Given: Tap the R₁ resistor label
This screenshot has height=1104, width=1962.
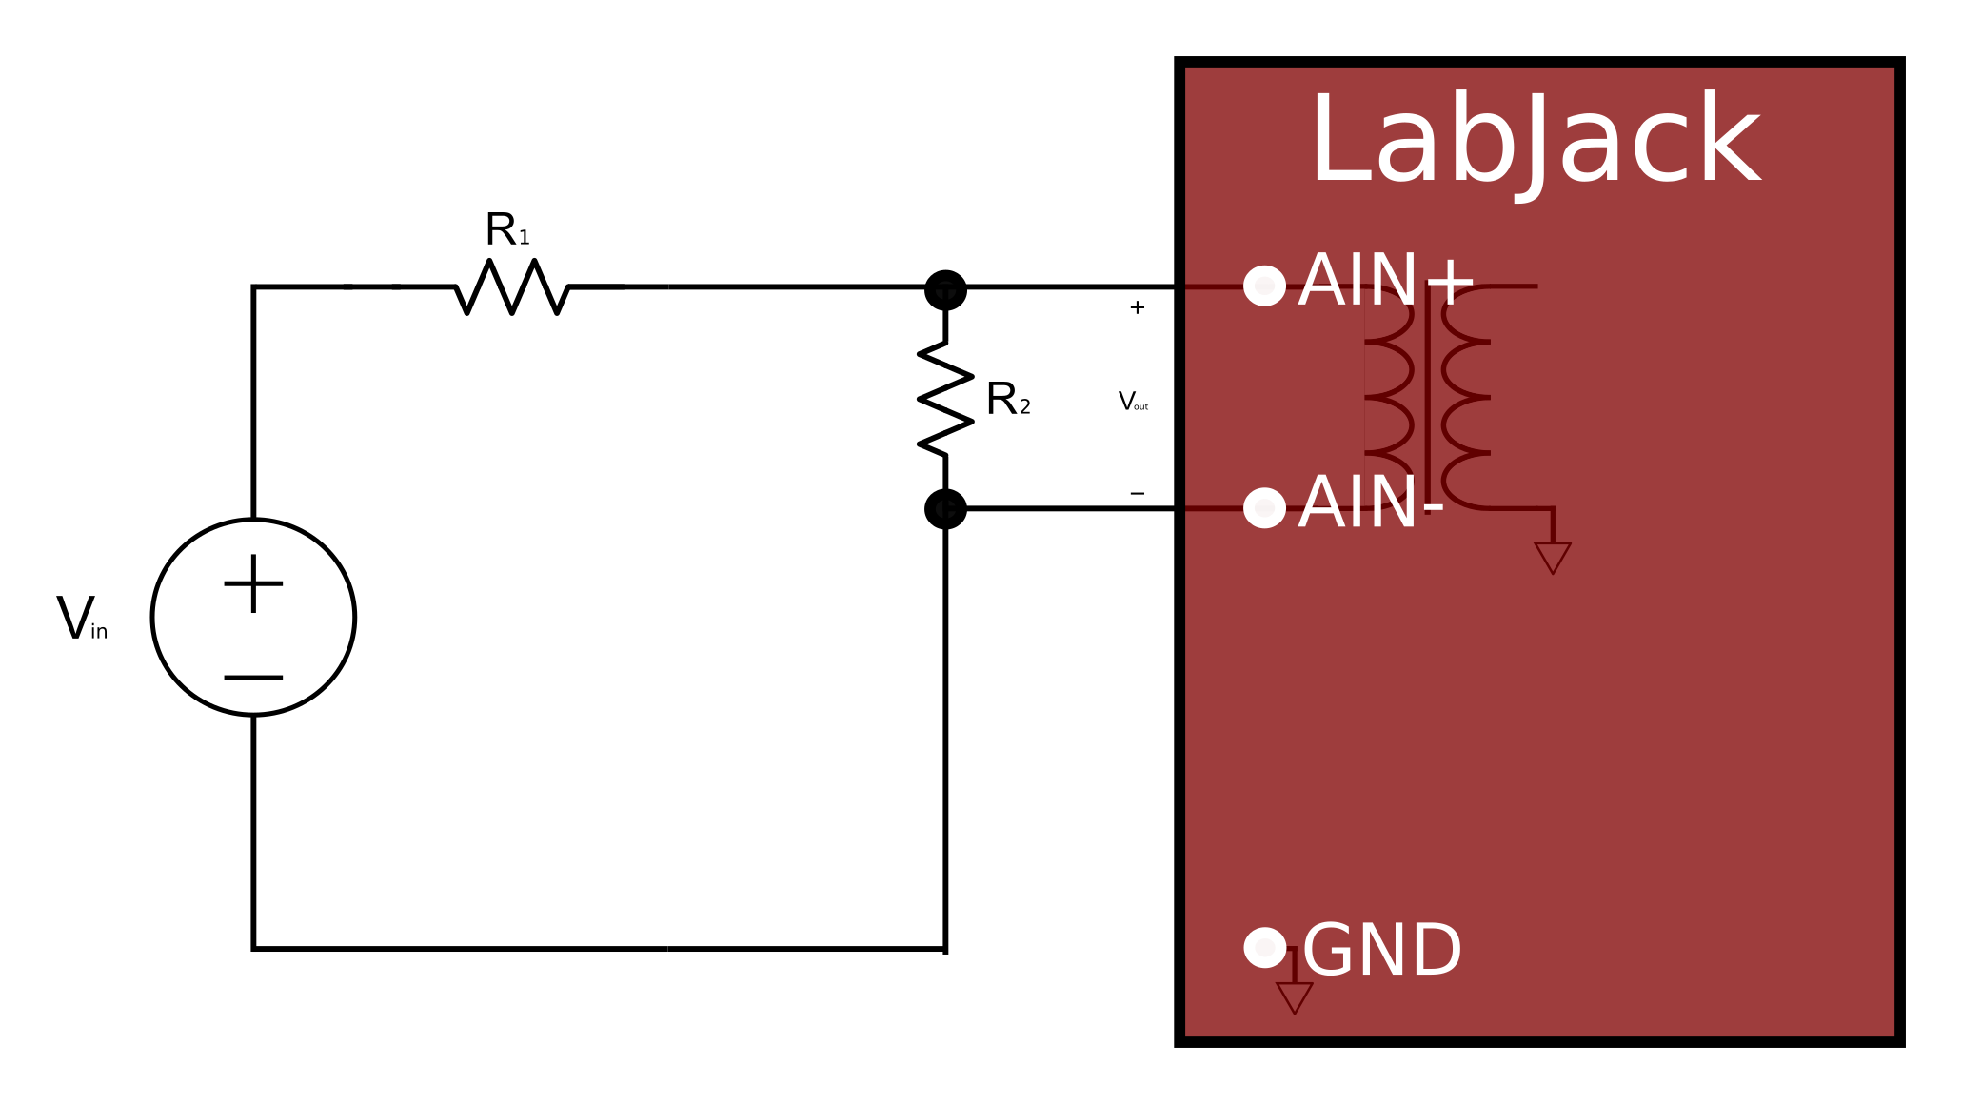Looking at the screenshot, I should point(506,230).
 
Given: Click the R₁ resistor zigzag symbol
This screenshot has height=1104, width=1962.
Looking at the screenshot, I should point(512,286).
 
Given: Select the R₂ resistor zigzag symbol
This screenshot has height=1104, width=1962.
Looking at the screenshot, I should point(945,399).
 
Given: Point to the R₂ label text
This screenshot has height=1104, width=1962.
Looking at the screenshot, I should point(1008,400).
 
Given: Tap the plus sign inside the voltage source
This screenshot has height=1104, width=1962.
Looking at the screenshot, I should point(253,583).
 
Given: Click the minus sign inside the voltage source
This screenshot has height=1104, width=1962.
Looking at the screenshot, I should point(253,678).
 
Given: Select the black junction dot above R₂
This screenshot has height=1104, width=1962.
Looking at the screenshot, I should point(945,289).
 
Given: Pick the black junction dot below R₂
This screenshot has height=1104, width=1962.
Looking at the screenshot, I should point(945,509).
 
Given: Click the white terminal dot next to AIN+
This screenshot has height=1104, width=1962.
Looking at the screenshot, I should point(1264,286).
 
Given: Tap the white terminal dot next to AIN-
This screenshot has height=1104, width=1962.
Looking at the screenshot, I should point(1264,508).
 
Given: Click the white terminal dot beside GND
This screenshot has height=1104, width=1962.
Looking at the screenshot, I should point(1264,947).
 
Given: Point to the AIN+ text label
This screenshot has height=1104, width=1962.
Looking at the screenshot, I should point(1385,282).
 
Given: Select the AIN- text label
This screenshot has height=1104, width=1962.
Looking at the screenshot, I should point(1370,503).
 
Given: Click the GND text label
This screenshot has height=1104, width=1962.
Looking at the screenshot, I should point(1381,951).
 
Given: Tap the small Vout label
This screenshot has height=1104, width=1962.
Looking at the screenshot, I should point(1133,402).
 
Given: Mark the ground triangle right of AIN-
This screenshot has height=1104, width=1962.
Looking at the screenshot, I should point(1552,555).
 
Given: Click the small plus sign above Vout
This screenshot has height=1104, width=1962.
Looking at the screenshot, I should point(1137,307).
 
